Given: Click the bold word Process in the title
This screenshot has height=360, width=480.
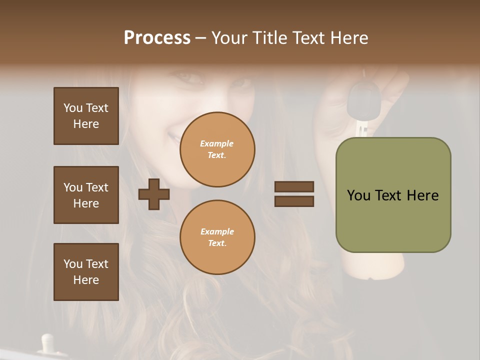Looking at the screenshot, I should click(157, 38).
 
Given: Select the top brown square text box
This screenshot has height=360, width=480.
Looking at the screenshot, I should click(86, 116).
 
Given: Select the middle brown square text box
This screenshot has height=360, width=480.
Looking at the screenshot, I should click(86, 195).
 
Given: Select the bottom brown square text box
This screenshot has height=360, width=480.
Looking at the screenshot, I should click(86, 272).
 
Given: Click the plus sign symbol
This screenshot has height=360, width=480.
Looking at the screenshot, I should click(154, 194).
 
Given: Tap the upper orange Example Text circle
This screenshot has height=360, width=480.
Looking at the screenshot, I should click(217, 149).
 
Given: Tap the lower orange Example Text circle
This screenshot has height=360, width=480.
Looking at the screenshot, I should click(217, 237).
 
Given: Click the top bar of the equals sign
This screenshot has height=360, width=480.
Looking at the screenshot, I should click(294, 186).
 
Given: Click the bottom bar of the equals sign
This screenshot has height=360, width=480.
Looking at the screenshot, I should click(294, 201).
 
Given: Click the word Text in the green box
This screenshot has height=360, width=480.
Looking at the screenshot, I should click(389, 195).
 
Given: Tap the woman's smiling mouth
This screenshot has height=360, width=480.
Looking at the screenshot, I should click(175, 135).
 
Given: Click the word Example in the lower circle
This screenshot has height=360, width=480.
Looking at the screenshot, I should click(217, 231).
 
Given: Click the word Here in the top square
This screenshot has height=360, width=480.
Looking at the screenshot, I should click(86, 124).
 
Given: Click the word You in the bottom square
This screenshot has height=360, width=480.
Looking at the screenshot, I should click(73, 264).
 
